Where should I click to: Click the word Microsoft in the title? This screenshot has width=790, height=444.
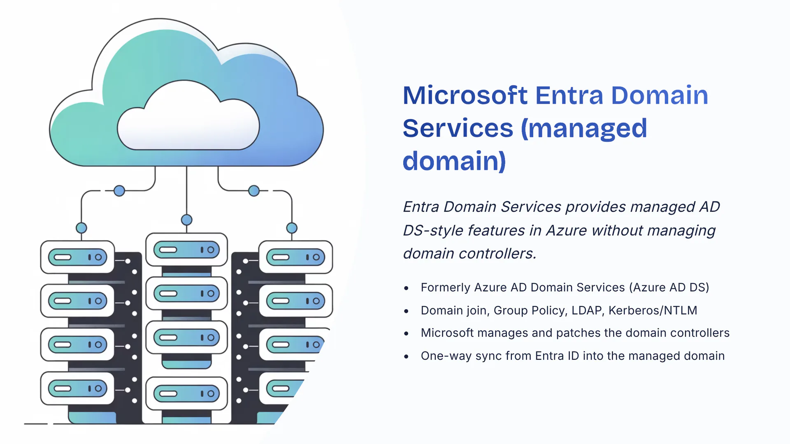465,95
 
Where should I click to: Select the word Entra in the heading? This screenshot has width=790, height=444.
569,95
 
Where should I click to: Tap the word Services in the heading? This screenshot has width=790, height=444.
458,128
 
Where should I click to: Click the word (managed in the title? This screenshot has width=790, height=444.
584,128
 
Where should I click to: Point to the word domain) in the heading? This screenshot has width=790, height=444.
454,161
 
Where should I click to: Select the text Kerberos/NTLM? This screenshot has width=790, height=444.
653,310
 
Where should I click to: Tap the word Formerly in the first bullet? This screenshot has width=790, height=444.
445,287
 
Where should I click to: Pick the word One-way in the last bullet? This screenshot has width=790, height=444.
446,356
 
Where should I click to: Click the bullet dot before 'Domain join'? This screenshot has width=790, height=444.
407,311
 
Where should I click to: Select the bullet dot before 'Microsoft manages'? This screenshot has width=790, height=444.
407,334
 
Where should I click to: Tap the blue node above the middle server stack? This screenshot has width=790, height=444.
187,220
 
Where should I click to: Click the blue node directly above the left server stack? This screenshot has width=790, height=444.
81,228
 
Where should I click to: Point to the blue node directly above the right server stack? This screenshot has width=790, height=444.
292,228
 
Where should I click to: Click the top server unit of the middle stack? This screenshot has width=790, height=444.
187,250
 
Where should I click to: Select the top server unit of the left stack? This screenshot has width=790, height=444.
77,257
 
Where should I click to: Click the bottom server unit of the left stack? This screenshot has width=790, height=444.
77,388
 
